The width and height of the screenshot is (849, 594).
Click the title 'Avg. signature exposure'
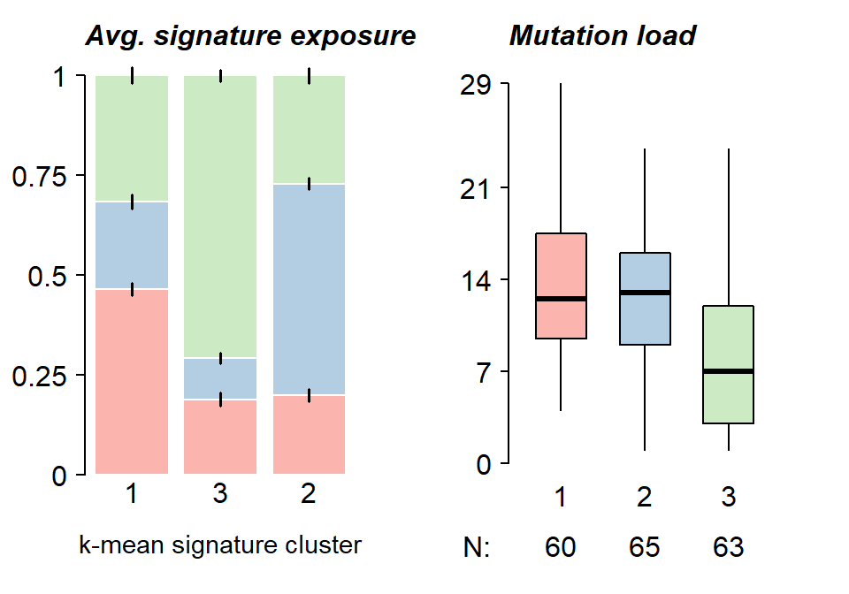tap(250, 36)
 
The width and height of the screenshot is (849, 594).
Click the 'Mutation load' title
tap(602, 36)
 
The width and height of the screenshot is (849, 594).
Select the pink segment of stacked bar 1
tap(132, 381)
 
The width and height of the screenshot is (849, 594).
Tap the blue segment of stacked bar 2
tap(309, 289)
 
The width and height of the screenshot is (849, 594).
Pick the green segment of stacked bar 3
tap(220, 217)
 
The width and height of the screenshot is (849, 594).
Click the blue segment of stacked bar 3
tap(220, 378)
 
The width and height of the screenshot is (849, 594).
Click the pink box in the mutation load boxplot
tap(561, 265)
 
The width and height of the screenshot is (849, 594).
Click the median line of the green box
tap(729, 371)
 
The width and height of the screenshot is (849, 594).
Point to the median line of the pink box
tap(561, 299)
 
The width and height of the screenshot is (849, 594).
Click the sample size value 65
tap(645, 548)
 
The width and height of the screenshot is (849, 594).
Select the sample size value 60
tap(561, 548)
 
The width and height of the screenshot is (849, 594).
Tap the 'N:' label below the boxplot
tap(477, 548)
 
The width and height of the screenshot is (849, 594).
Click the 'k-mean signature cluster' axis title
tap(220, 545)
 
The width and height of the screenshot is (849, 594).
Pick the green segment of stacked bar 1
tap(132, 139)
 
